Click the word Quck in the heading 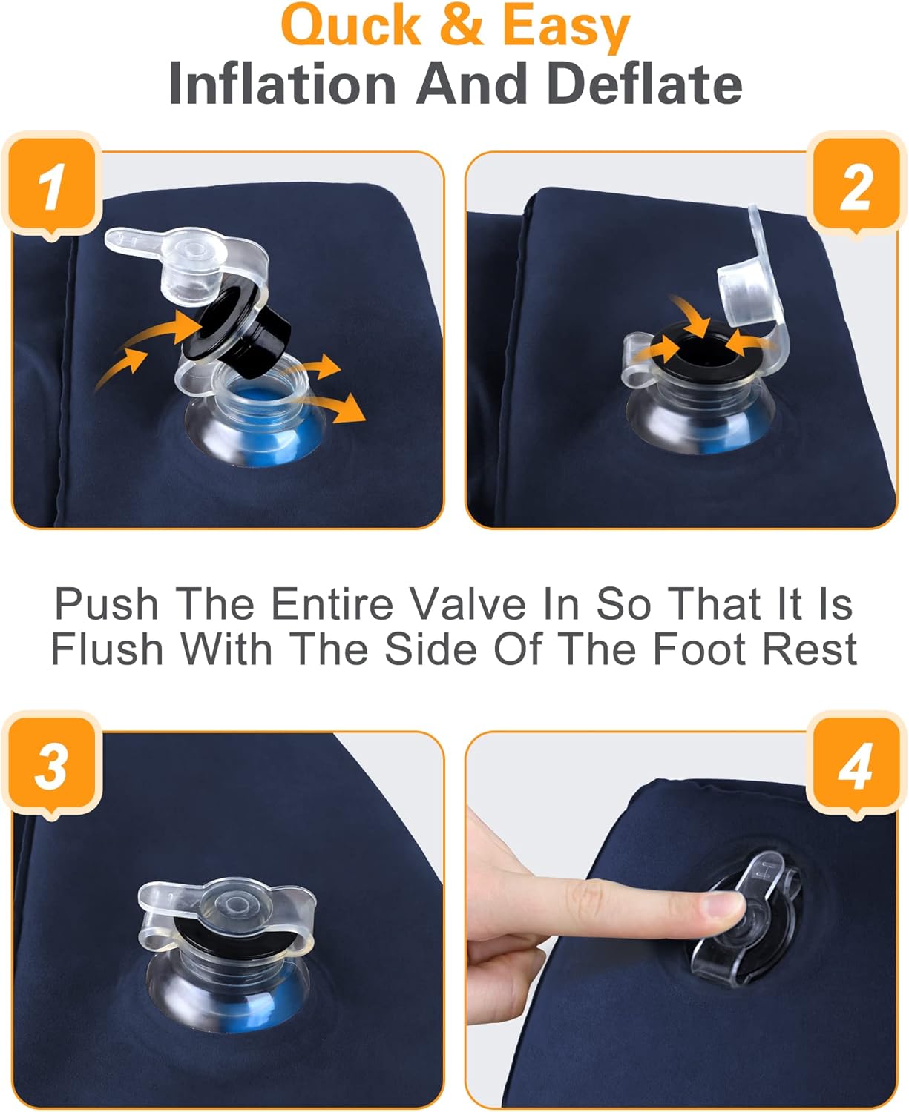(x=350, y=24)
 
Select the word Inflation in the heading (x=283, y=84)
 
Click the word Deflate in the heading (x=644, y=84)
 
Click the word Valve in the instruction (x=467, y=604)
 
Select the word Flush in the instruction (x=107, y=649)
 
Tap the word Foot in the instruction (x=699, y=649)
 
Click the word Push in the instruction (x=107, y=604)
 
